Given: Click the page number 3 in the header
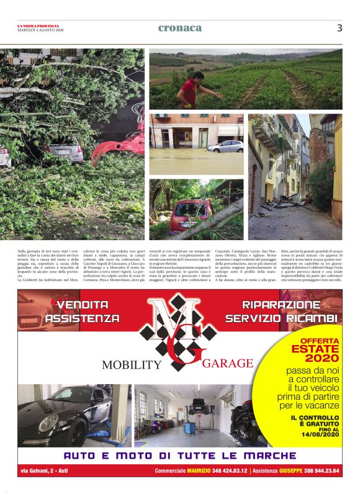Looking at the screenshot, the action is coord(340,28).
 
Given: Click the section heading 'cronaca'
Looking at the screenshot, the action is coord(180,28).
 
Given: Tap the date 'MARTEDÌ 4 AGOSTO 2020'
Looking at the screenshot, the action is coord(40,30).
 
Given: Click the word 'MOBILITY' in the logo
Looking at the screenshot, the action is coord(131,364).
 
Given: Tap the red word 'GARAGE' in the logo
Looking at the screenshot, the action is coord(227,363).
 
